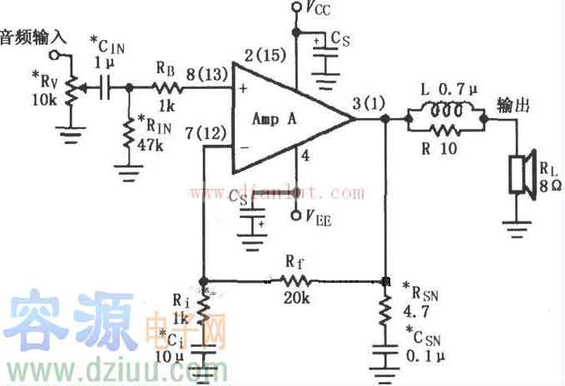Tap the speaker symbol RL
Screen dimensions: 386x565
pos(521,174)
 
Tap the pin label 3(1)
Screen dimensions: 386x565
pos(368,104)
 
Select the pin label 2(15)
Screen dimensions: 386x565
pos(267,56)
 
